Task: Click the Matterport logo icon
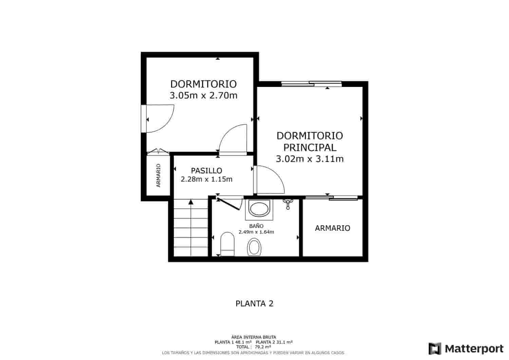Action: (x=435, y=348)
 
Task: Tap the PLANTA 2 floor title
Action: (x=254, y=303)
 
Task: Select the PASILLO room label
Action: (x=206, y=171)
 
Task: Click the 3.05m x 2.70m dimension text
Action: (x=203, y=95)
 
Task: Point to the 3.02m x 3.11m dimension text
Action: (x=309, y=159)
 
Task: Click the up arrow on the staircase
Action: (x=191, y=202)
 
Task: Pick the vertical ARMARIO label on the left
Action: (x=158, y=175)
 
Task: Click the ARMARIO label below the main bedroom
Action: (x=332, y=228)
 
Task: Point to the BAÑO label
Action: (x=256, y=226)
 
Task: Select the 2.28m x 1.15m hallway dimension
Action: (x=206, y=179)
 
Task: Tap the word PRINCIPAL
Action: (x=310, y=147)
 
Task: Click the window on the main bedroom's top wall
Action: (x=312, y=83)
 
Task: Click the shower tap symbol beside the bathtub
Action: (x=288, y=203)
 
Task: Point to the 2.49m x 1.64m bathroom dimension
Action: (x=256, y=232)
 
